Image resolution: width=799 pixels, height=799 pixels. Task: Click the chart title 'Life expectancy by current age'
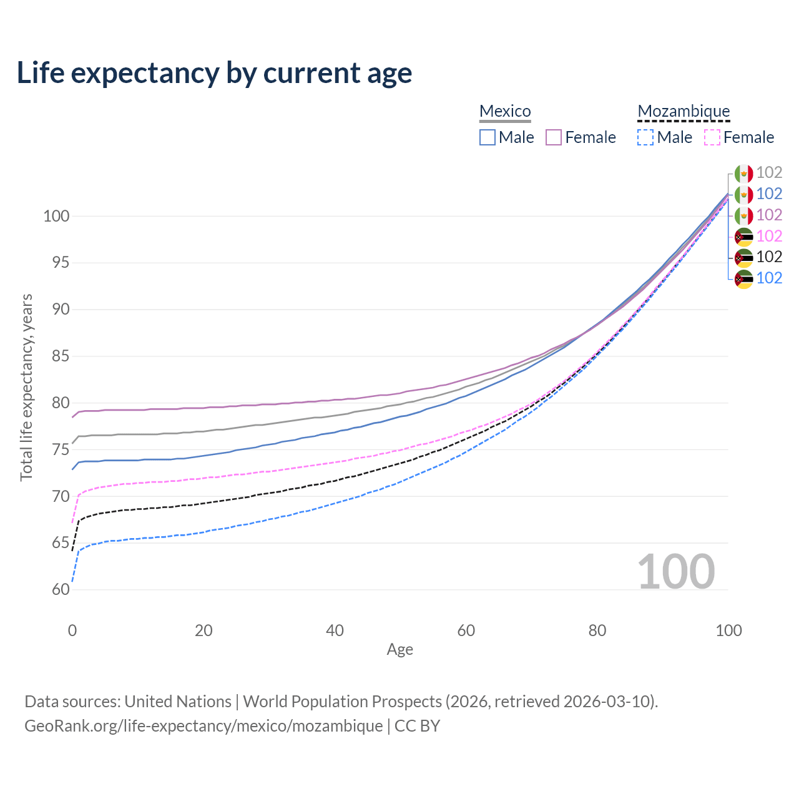[x=214, y=73]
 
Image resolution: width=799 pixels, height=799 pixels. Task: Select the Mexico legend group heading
[x=505, y=112]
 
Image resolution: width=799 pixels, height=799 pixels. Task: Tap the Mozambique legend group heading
[x=684, y=112]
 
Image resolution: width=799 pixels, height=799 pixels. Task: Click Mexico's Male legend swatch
[x=488, y=137]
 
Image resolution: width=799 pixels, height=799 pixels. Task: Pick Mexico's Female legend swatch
[x=554, y=137]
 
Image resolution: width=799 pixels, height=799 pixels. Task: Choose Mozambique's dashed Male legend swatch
[x=645, y=137]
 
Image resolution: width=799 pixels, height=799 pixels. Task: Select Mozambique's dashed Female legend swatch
[x=712, y=137]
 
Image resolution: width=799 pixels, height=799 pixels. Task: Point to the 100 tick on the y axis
[x=56, y=217]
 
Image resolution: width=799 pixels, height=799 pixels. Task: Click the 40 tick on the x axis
[x=335, y=630]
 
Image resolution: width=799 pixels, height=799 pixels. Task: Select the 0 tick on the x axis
[x=72, y=630]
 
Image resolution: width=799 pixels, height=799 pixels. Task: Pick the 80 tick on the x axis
[x=597, y=630]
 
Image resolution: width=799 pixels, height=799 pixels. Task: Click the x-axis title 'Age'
[x=399, y=650]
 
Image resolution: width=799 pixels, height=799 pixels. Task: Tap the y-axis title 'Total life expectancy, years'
[x=26, y=388]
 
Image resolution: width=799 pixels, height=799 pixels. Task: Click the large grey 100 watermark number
[x=676, y=572]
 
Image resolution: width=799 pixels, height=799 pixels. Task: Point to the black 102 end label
[x=769, y=257]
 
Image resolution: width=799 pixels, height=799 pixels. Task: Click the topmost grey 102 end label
[x=769, y=172]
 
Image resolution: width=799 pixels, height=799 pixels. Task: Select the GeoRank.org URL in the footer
[x=203, y=726]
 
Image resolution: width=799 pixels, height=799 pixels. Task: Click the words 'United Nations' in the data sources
[x=178, y=702]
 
